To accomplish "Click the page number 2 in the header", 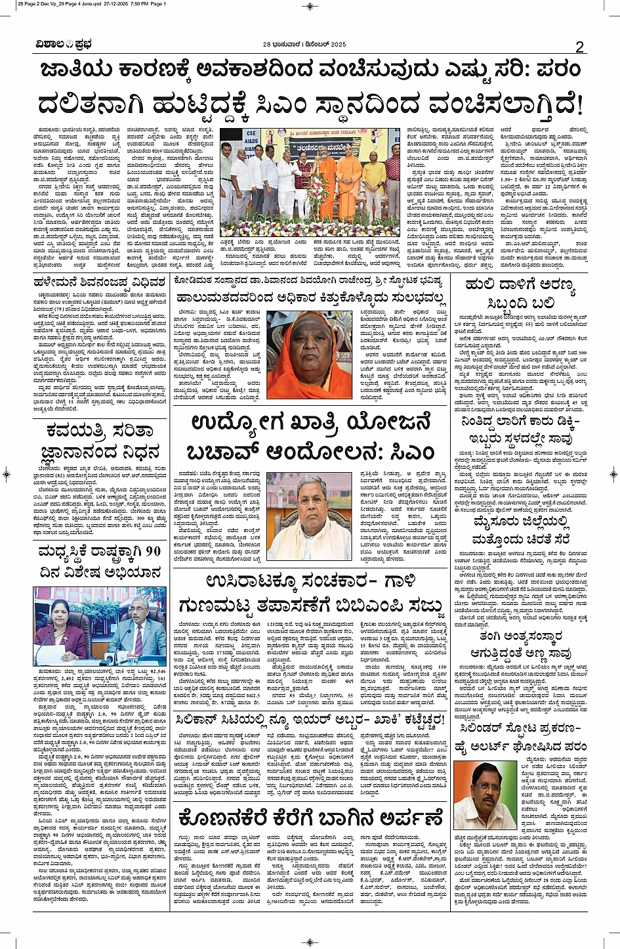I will [x=579, y=47].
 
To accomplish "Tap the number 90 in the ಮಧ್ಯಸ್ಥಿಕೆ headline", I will [x=152, y=552].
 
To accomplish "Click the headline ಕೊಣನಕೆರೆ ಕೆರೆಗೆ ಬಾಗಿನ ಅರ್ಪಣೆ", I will [x=311, y=818].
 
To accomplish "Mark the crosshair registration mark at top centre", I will [x=310, y=7].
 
